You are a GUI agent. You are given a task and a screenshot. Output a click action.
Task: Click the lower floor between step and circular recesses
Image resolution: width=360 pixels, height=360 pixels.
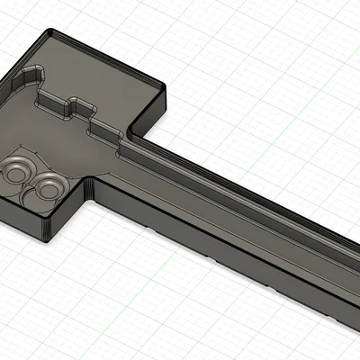click(54, 144)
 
